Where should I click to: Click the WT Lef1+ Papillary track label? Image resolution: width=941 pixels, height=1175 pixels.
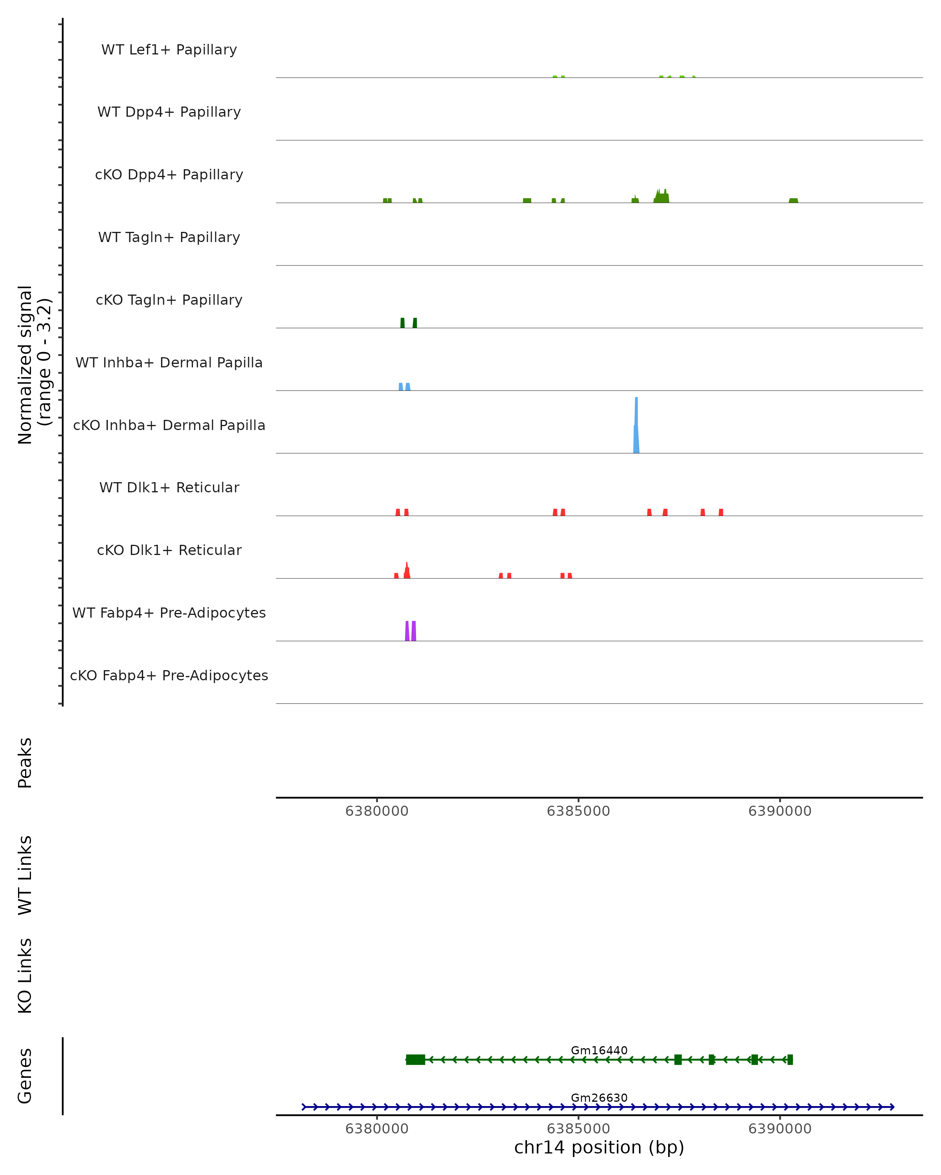pos(169,50)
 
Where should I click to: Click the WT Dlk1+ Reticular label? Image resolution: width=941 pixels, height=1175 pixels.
pos(169,487)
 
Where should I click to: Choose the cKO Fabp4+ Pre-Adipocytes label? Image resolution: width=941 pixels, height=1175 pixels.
pos(169,675)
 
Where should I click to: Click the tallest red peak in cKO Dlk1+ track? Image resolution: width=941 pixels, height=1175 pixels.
pos(407,571)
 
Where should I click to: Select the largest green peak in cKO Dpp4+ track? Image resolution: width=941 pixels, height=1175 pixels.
pos(662,197)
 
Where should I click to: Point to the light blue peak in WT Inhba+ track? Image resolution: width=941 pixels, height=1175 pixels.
pos(404,387)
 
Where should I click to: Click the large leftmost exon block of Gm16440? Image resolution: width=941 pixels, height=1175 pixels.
pos(416,1059)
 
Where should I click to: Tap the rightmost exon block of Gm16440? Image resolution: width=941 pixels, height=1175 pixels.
pos(790,1059)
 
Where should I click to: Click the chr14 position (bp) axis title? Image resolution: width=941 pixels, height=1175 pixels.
pos(599,1147)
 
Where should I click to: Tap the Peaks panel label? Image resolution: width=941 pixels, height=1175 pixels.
pos(25,763)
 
